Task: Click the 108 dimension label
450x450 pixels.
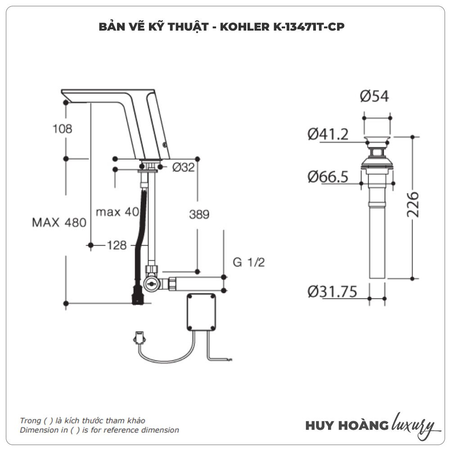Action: (63, 129)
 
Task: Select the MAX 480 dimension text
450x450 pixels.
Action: (59, 222)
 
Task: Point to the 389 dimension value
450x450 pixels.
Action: (199, 215)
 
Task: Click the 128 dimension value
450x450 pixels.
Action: (117, 245)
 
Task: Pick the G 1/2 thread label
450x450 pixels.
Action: (248, 262)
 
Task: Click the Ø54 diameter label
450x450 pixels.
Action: (374, 96)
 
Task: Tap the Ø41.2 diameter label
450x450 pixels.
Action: (328, 134)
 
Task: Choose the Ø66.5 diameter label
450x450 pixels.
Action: (328, 177)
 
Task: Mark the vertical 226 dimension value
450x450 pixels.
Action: (413, 205)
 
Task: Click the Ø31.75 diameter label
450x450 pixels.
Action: (332, 292)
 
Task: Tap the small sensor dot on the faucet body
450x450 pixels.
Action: (164, 145)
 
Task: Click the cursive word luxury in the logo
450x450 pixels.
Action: (414, 424)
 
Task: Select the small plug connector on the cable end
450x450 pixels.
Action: (140, 336)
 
